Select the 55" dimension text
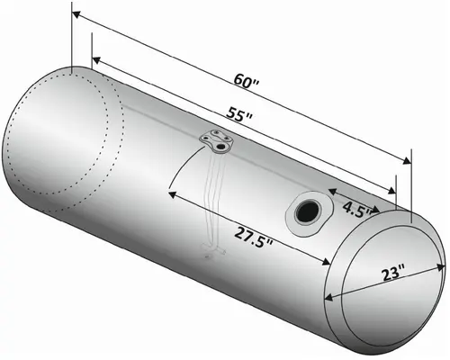238,116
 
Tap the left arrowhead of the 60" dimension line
76,15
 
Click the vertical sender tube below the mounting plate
214,198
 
